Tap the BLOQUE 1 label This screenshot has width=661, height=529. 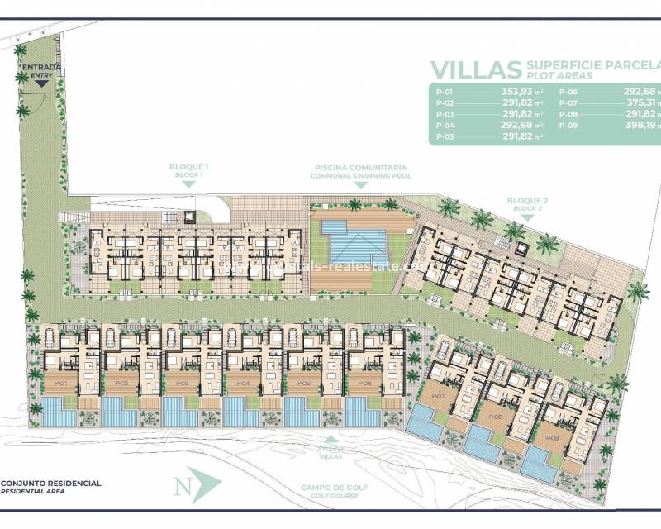pyautogui.click(x=187, y=167)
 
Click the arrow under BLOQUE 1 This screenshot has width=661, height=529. pyautogui.click(x=187, y=183)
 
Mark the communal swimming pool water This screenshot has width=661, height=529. pyautogui.click(x=358, y=242)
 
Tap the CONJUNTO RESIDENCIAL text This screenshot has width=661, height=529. pyautogui.click(x=51, y=483)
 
